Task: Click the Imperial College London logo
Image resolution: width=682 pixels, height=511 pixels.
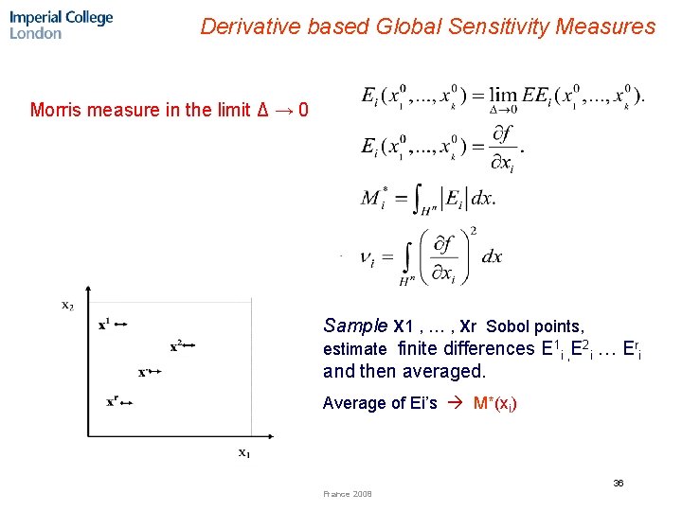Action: (x=61, y=25)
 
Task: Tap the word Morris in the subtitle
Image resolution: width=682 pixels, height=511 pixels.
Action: (x=56, y=110)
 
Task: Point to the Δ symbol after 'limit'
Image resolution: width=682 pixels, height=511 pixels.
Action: (x=262, y=110)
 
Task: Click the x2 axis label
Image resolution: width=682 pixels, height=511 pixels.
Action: (x=67, y=305)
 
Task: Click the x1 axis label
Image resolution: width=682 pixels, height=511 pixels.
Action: (x=243, y=452)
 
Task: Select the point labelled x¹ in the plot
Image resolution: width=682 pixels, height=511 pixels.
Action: (x=104, y=325)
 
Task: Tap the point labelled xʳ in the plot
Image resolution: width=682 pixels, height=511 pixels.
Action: (x=113, y=401)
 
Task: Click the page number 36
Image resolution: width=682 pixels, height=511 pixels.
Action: (x=618, y=483)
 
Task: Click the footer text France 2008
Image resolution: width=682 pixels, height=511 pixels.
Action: (x=348, y=494)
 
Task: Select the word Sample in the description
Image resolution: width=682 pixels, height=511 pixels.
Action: (x=355, y=326)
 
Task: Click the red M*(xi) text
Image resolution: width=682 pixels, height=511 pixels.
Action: (x=494, y=404)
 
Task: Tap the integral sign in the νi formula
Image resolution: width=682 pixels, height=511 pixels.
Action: (x=407, y=255)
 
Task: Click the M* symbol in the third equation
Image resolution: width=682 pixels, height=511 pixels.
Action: (x=374, y=198)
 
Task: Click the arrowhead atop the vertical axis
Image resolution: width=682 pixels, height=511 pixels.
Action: (x=87, y=290)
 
